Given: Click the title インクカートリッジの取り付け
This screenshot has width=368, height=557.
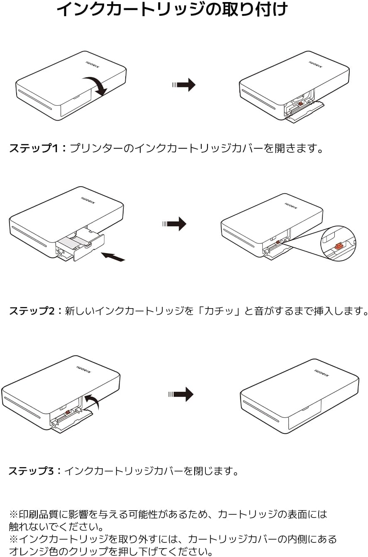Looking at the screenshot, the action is coord(172,10).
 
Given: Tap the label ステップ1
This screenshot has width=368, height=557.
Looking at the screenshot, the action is coord(34,148).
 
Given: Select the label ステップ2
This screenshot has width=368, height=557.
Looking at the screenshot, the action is coord(32,311).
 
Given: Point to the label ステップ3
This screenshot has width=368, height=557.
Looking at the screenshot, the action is coord(32,471).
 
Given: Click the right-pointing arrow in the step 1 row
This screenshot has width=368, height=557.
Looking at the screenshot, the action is coord(184,85).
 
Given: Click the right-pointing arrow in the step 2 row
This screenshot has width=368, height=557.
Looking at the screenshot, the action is coord(174,224).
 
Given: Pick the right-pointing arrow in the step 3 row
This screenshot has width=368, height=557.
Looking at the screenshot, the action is coord(181,394).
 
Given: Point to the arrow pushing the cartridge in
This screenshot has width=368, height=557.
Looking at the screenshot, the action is coord(113,257).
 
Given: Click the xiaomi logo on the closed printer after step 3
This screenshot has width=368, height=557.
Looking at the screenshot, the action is coord(322,373).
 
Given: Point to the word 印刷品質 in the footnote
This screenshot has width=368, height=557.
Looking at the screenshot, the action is coord(39,514).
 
